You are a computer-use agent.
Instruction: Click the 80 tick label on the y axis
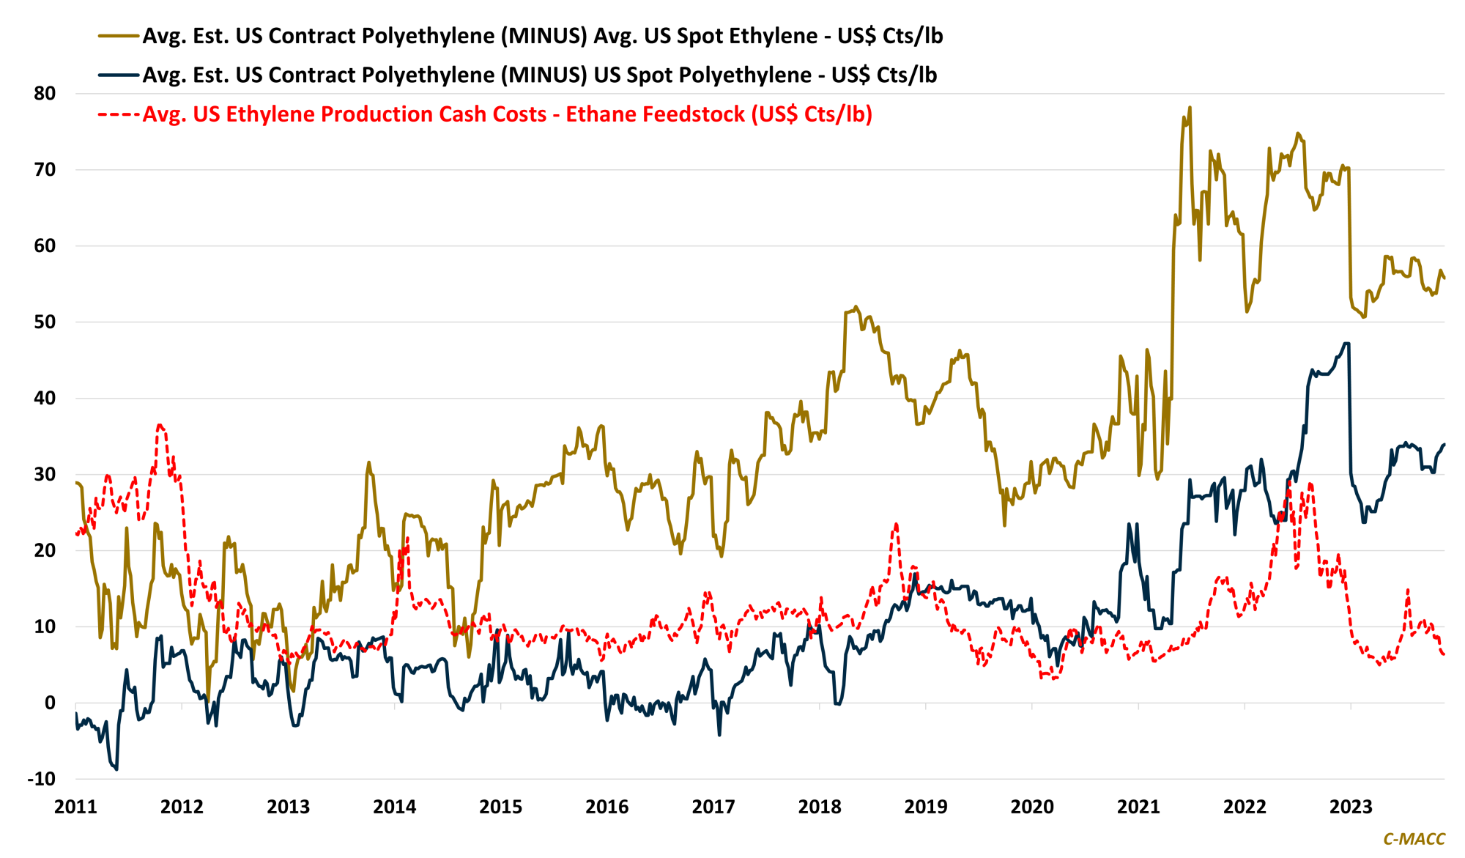pos(45,93)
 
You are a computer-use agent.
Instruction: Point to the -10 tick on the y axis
pos(42,779)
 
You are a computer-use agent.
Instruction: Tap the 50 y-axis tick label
pos(45,322)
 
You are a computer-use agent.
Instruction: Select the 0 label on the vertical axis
pos(50,703)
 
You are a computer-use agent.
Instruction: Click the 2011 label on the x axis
pos(75,807)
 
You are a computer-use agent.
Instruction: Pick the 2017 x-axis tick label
pos(713,807)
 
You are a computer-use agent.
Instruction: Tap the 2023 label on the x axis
pos(1350,807)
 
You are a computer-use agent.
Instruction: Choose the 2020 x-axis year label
pos(1031,807)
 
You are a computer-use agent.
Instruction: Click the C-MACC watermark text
pos(1414,839)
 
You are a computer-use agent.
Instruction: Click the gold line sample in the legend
pos(118,36)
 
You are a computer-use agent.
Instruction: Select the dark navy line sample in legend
pos(118,75)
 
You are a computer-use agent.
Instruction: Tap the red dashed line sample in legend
pos(118,114)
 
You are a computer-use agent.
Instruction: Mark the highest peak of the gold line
pos(1190,108)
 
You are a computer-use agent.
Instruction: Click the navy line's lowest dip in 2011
pos(116,769)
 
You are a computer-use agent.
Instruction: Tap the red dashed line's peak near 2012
pos(160,425)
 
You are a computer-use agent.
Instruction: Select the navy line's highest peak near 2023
pos(1346,343)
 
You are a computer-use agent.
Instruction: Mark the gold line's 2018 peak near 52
pos(856,307)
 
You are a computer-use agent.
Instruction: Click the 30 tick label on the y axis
pos(45,474)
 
